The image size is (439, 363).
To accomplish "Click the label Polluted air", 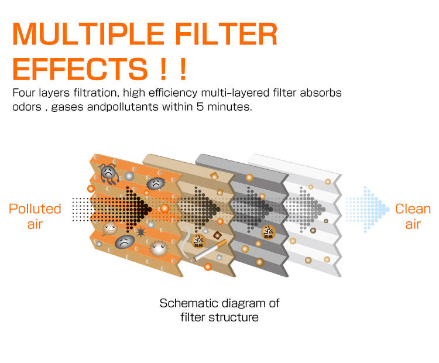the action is [35, 216].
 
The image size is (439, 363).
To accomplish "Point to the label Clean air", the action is [413, 216].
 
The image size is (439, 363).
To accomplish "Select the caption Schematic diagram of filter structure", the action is [220, 310].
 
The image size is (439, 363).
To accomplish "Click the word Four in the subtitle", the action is [26, 93].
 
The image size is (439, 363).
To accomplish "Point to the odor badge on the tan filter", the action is [198, 238].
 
